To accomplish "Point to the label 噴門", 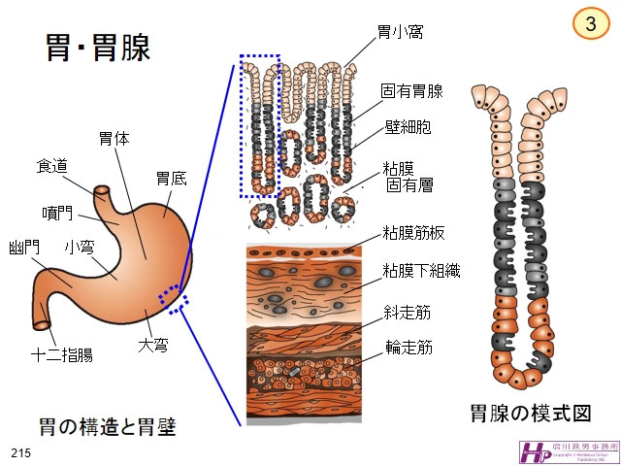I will (58, 213).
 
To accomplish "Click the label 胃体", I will (114, 139).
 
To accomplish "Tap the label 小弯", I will (80, 248).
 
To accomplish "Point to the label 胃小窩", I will (400, 33).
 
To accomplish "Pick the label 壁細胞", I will (409, 127).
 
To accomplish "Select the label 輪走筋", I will (408, 347).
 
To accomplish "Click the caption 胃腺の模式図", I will (530, 413).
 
